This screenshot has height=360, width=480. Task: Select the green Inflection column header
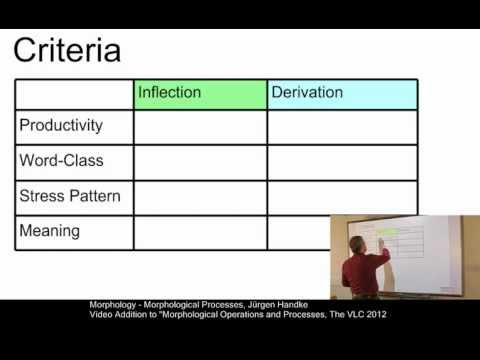coord(201,93)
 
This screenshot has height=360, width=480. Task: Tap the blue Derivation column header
coord(342,93)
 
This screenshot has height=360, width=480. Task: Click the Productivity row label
coord(61,125)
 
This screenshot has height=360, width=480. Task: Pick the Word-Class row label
coord(61,160)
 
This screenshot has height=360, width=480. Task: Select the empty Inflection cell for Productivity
coord(201,126)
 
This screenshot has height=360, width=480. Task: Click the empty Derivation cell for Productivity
coord(342,126)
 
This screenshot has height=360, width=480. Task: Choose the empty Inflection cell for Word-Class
coord(201,161)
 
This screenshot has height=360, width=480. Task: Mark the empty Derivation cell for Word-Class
coord(342,161)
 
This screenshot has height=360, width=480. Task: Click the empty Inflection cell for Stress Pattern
coord(201,196)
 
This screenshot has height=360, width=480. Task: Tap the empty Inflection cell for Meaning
coord(201,231)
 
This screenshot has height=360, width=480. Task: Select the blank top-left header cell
coord(75,93)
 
